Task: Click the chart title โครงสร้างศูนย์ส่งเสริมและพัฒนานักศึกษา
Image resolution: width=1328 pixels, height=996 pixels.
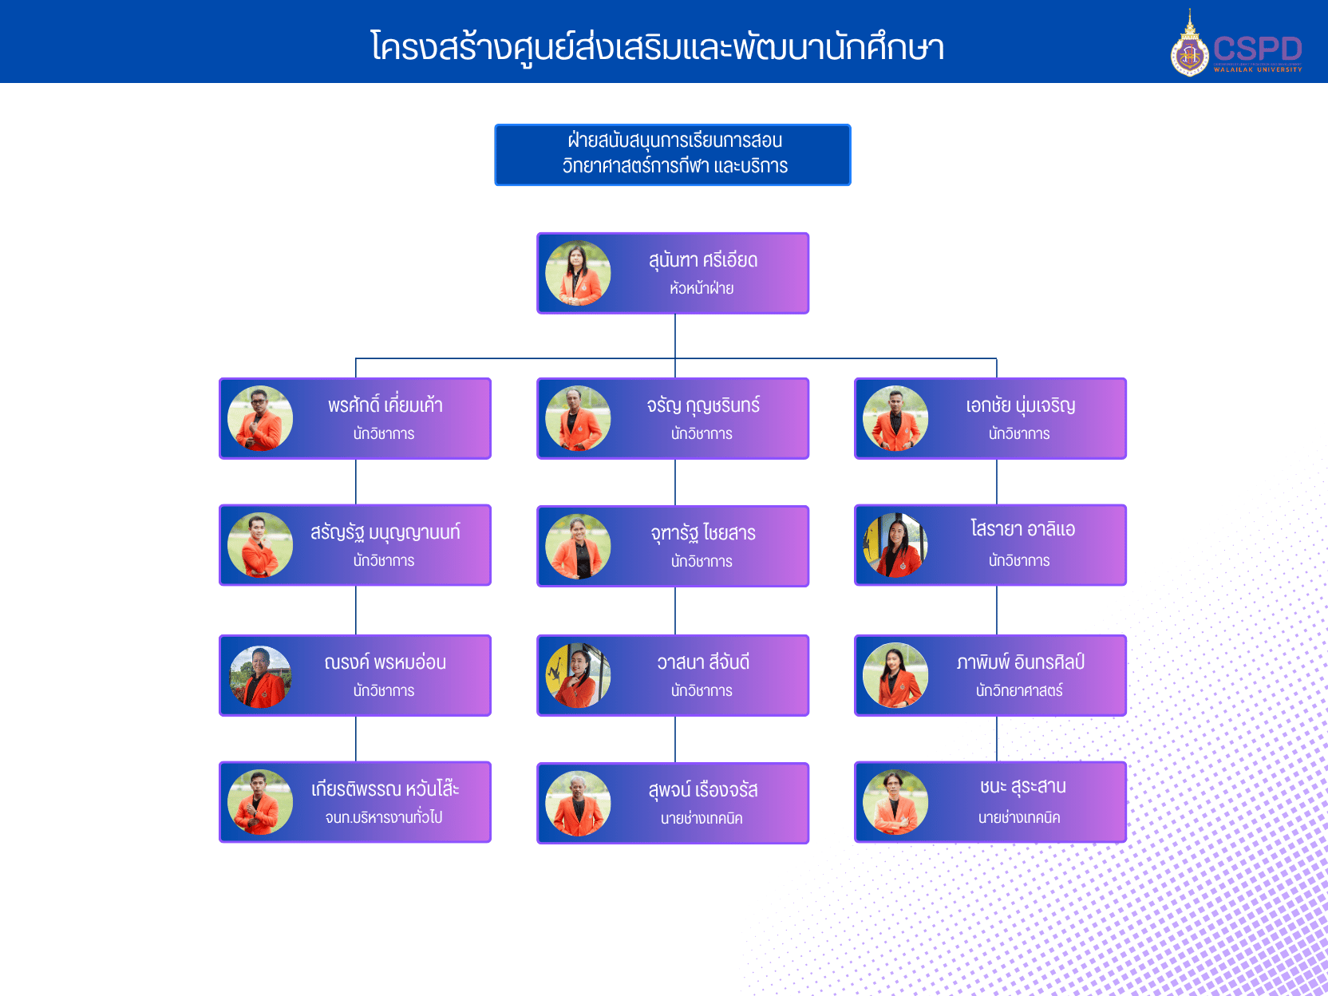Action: [657, 46]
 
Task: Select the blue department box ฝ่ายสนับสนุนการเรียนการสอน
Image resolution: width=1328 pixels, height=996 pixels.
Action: [673, 155]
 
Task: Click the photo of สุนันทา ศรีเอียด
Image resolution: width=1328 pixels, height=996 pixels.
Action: [578, 273]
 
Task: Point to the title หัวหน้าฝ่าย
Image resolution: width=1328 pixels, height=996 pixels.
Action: [702, 288]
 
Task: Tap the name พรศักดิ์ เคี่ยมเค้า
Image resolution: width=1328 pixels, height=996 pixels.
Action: [385, 405]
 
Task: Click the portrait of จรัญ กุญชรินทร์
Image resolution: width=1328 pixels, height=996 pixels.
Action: [578, 418]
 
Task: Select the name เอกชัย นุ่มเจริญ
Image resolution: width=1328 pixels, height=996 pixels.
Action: [1020, 405]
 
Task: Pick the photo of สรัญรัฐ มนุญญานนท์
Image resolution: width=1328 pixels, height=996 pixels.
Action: [260, 545]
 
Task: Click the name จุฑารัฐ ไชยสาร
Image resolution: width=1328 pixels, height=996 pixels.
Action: [702, 533]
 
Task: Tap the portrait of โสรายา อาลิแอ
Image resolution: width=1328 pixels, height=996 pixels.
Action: [895, 545]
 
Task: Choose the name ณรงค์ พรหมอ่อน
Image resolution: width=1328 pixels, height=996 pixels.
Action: [385, 662]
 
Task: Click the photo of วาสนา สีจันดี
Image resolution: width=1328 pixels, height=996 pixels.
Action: [578, 675]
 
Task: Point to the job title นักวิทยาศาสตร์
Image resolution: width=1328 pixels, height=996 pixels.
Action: [1019, 690]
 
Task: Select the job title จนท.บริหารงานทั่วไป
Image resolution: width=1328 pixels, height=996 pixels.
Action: [384, 817]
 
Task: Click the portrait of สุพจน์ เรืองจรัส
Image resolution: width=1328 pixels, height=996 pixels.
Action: [578, 803]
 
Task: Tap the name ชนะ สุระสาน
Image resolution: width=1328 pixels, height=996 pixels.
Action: [1022, 787]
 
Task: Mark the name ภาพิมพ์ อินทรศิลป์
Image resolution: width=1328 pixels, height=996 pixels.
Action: [1020, 662]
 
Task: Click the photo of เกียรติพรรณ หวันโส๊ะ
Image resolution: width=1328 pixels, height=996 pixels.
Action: [260, 802]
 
